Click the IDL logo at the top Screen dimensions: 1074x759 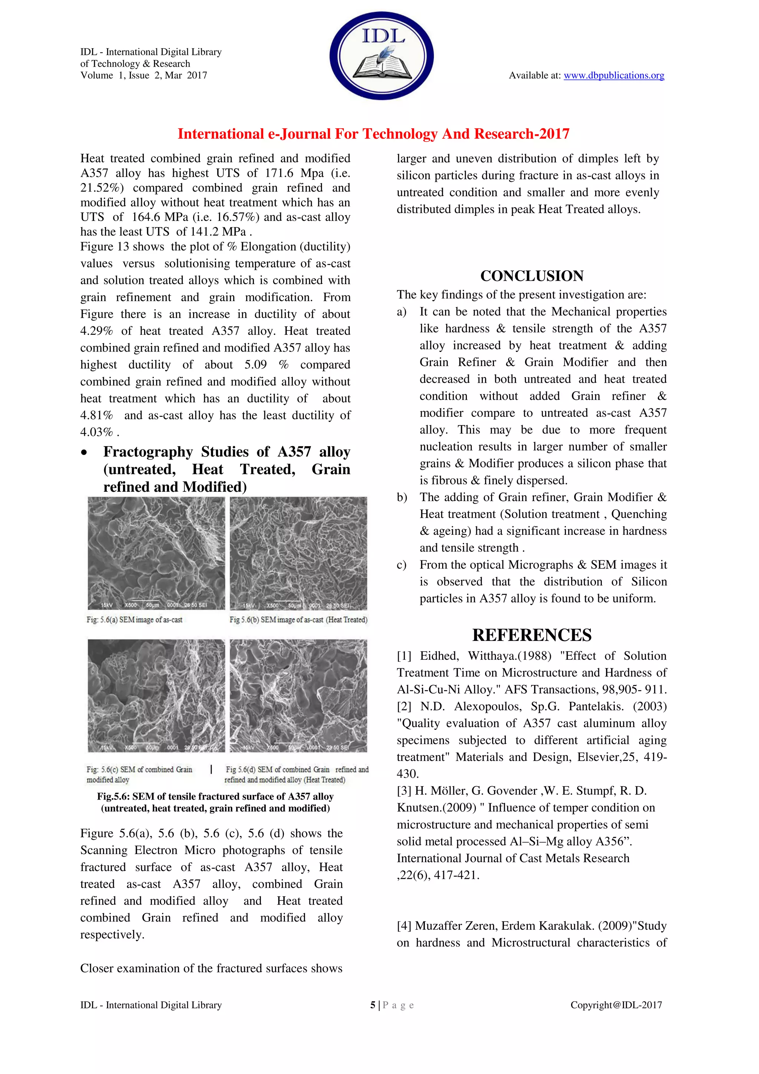381,56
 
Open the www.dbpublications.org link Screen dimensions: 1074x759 614,75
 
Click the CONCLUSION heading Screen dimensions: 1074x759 531,276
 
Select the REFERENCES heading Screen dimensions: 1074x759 531,635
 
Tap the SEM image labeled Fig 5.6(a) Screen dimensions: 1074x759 156,553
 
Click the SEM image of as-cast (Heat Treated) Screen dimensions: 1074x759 298,553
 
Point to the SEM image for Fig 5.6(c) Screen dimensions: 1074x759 156,696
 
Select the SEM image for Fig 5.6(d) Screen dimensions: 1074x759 298,696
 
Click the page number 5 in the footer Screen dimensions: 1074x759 372,1005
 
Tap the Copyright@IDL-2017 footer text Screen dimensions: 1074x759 616,1005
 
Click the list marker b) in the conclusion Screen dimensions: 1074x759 402,497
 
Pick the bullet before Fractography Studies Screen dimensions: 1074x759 84,453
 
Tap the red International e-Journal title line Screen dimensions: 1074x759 374,134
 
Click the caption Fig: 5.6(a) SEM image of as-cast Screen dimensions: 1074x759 135,620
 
